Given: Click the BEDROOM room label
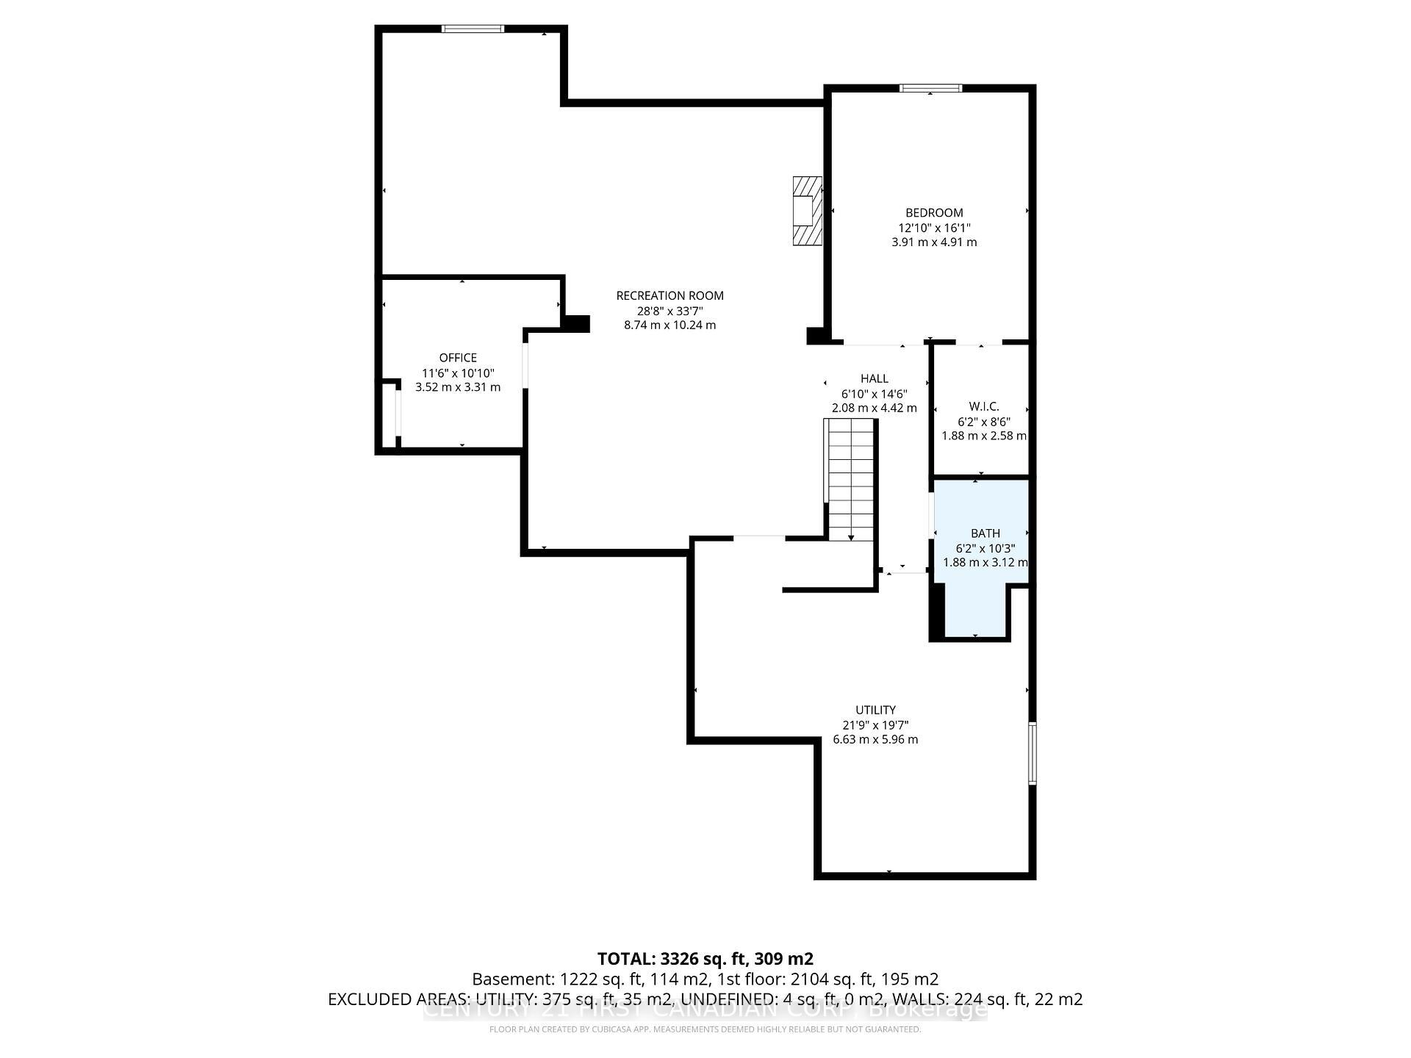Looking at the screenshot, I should (x=933, y=213).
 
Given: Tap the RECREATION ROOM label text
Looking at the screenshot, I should (x=669, y=295).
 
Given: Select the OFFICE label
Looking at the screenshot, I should (x=458, y=358).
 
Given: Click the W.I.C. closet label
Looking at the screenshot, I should (x=983, y=406).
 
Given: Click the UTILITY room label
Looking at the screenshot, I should (x=875, y=710).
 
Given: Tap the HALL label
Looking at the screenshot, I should (x=874, y=378).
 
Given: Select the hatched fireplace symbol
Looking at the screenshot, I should (x=806, y=211).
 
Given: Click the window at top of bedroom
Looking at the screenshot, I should (x=930, y=88).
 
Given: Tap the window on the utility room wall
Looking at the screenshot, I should (x=1032, y=753).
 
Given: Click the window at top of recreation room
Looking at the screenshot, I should (x=473, y=29).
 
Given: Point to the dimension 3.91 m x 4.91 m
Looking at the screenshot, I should (x=933, y=242).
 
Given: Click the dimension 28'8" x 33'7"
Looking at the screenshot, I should (x=669, y=311).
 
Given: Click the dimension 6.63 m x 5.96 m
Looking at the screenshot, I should (x=875, y=740).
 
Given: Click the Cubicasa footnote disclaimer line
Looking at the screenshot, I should (x=705, y=1029).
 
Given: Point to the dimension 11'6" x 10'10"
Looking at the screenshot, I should (x=458, y=373).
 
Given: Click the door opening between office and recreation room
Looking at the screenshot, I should (x=525, y=365).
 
